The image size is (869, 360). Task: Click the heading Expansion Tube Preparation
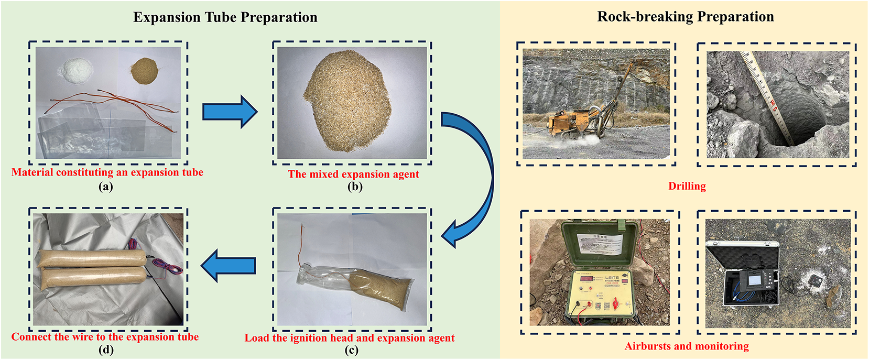225,17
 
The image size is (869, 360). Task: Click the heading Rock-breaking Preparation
685,17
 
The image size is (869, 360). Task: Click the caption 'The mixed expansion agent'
353,174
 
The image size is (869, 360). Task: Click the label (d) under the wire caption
106,350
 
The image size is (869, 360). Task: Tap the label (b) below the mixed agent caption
355,187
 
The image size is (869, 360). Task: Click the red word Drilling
687,186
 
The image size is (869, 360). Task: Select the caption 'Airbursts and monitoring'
686,346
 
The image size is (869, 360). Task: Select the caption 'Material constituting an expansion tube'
107,172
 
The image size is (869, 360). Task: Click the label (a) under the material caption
106,186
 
